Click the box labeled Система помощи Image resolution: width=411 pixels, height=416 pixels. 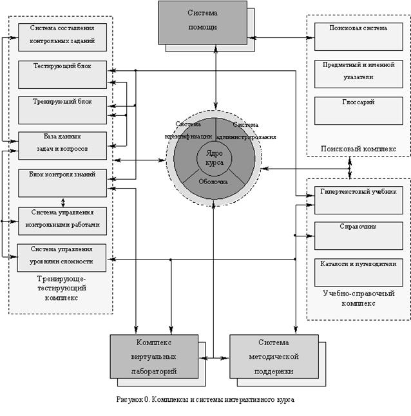[202, 21]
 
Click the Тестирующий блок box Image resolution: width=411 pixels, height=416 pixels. [62, 73]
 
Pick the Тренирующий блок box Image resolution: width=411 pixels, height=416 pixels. [62, 109]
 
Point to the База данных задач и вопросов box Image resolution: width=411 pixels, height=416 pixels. [62, 146]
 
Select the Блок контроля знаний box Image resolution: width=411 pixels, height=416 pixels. [62, 182]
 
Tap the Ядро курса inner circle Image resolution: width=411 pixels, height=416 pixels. [215, 158]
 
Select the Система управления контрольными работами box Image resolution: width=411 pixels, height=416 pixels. [62, 219]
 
